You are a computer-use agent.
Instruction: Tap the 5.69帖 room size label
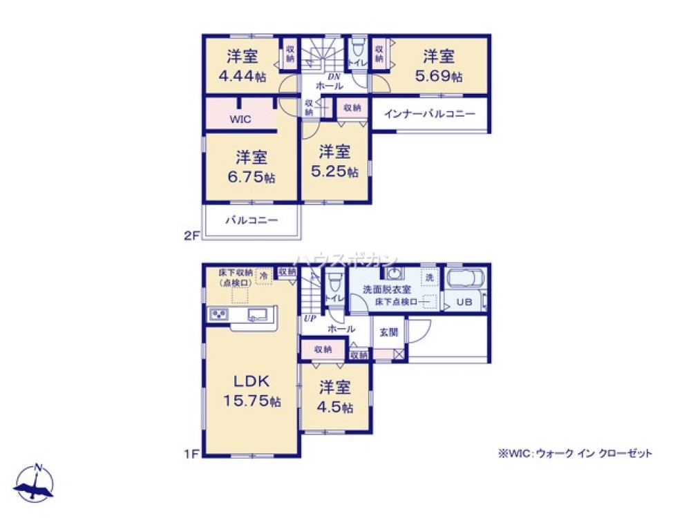pyautogui.click(x=438, y=77)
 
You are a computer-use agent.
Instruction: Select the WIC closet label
pyautogui.click(x=240, y=119)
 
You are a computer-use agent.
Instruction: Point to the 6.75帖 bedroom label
pyautogui.click(x=252, y=177)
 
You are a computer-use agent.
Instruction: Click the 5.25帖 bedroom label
pyautogui.click(x=334, y=171)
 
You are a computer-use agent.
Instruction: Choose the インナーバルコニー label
pyautogui.click(x=429, y=113)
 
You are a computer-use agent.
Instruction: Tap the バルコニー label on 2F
pyautogui.click(x=252, y=221)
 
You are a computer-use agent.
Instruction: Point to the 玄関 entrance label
pyautogui.click(x=388, y=332)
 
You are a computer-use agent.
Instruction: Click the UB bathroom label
pyautogui.click(x=464, y=303)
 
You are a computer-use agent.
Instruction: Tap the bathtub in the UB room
pyautogui.click(x=467, y=280)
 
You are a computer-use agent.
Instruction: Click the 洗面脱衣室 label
pyautogui.click(x=388, y=290)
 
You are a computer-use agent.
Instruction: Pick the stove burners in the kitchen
pyautogui.click(x=219, y=315)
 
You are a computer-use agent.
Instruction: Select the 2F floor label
pyautogui.click(x=191, y=235)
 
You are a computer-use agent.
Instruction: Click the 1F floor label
pyautogui.click(x=191, y=454)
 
